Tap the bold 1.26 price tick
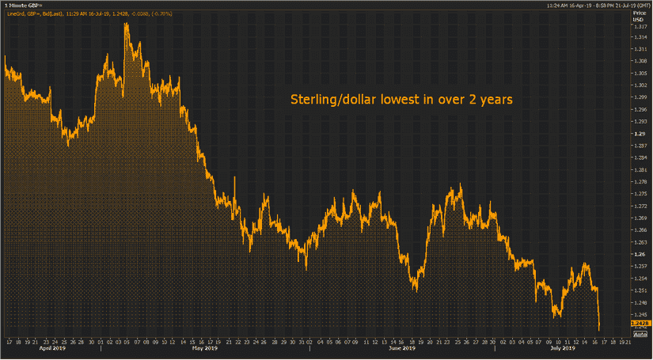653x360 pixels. coord(637,254)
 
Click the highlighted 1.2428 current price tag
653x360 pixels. coord(640,324)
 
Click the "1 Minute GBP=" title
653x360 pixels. coord(24,6)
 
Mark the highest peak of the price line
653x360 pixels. coord(126,24)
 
